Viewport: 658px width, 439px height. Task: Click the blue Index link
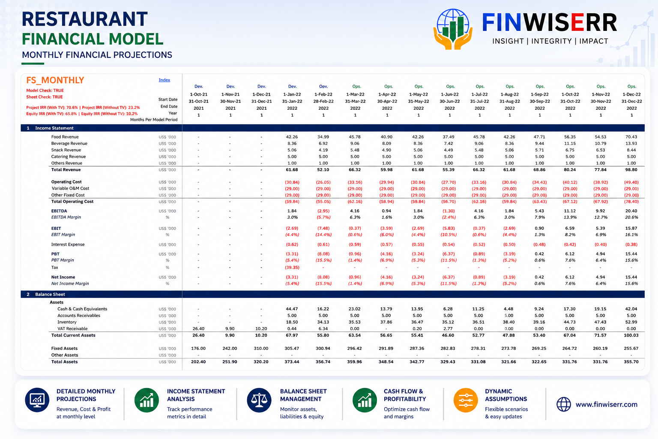tap(164, 80)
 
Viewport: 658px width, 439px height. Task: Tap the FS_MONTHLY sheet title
tap(55, 80)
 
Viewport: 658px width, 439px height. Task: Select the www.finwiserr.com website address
tap(606, 404)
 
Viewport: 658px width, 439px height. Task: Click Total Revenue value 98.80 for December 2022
tap(631, 170)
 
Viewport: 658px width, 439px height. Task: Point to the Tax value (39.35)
tap(292, 267)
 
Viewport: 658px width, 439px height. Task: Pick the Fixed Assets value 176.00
tap(198, 348)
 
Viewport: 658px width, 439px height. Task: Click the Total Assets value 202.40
tap(198, 362)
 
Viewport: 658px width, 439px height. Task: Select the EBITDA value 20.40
tap(631, 211)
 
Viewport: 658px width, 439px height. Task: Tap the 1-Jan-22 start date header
tap(292, 94)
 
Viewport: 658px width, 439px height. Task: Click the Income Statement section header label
tap(54, 128)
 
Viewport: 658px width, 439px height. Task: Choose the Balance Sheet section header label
tap(50, 295)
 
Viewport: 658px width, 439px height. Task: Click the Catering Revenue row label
tap(69, 156)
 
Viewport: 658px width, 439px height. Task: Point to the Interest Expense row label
tap(68, 244)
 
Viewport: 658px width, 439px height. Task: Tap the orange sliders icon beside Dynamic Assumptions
tap(466, 400)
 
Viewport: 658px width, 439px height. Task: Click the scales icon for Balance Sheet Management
tap(259, 400)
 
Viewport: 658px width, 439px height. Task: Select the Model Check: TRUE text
tap(45, 90)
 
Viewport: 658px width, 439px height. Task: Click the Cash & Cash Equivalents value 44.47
tap(292, 309)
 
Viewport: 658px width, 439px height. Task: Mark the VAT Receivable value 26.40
tap(198, 328)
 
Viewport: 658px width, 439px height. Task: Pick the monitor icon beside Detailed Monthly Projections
tap(37, 400)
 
